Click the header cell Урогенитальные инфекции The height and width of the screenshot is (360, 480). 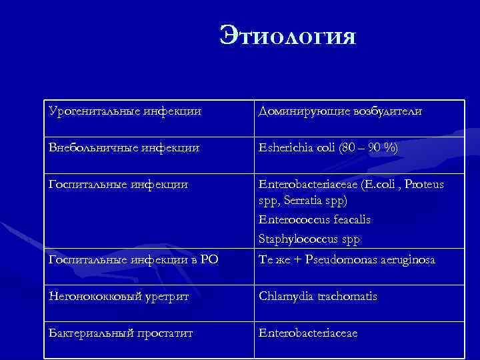coord(125,111)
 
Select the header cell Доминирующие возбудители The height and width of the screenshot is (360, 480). coord(339,111)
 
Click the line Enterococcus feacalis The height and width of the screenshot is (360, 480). coord(314,219)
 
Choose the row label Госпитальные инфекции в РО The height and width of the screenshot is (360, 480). coord(133,259)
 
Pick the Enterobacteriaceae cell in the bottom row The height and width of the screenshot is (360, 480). coord(308,332)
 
